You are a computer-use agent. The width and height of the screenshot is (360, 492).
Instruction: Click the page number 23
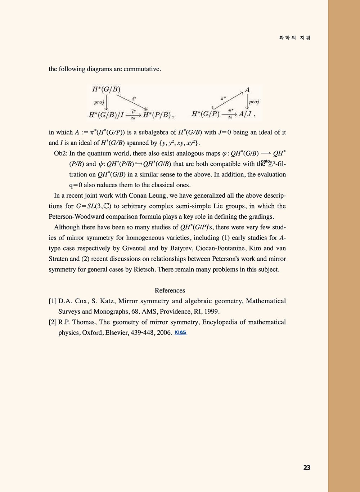pyautogui.click(x=307, y=468)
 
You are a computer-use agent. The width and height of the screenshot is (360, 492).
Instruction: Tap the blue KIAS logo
pyautogui.click(x=180, y=332)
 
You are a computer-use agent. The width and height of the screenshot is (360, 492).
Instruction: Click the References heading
pyautogui.click(x=170, y=290)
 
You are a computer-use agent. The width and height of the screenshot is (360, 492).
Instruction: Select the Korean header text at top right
pyautogui.click(x=295, y=38)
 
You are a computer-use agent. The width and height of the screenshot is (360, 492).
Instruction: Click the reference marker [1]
pyautogui.click(x=53, y=301)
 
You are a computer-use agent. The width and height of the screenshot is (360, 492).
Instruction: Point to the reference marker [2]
pyautogui.click(x=53, y=322)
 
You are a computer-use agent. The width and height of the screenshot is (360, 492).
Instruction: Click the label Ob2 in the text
pyautogui.click(x=60, y=153)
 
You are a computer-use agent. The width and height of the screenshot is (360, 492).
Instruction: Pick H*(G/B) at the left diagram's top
pyautogui.click(x=106, y=89)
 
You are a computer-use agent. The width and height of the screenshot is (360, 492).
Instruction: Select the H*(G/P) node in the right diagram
pyautogui.click(x=206, y=114)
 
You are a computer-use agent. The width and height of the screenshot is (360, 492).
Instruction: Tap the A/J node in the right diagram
pyautogui.click(x=245, y=114)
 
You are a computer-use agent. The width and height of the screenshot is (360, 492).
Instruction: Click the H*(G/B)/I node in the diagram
pyautogui.click(x=106, y=115)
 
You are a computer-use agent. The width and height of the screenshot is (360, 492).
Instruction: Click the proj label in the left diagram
pyautogui.click(x=99, y=102)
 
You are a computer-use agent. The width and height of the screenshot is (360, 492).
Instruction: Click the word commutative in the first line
pyautogui.click(x=142, y=69)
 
